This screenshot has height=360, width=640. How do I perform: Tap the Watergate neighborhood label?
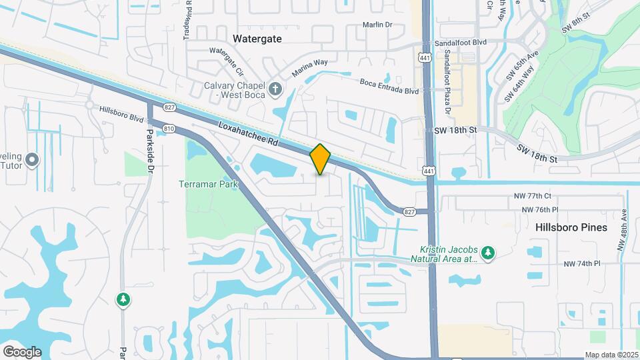(257, 39)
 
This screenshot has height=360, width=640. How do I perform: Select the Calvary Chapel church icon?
(275, 89)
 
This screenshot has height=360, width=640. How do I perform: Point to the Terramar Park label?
(203, 183)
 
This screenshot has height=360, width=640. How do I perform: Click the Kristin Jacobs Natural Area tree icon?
(488, 252)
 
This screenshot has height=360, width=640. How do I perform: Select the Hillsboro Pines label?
(571, 227)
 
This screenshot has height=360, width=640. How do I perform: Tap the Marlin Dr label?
(378, 25)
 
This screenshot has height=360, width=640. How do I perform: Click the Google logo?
(21, 351)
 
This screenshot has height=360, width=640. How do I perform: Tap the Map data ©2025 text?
(611, 355)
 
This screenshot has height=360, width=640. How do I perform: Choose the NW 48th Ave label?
(623, 231)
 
